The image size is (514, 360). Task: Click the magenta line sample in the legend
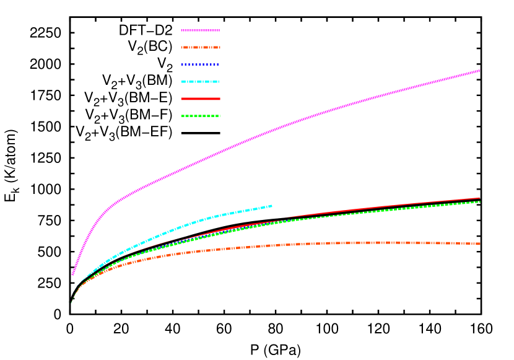(x=200, y=30)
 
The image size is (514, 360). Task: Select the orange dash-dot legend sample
(x=200, y=47)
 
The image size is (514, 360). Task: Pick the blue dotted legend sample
(x=200, y=64)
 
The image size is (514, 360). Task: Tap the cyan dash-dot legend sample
(x=200, y=81)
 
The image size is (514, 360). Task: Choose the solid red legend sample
(x=200, y=99)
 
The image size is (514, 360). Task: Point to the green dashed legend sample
(x=200, y=116)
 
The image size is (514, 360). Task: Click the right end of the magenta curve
(x=480, y=71)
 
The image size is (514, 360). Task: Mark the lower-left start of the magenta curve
(x=72, y=274)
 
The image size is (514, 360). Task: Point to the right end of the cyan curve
(x=272, y=205)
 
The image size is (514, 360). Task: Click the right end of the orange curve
(x=480, y=244)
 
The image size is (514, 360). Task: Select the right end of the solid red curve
(x=480, y=198)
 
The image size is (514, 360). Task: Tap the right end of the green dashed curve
(x=480, y=201)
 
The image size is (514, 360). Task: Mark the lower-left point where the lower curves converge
(x=70, y=302)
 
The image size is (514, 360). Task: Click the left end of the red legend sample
(x=181, y=99)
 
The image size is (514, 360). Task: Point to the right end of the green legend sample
(x=220, y=116)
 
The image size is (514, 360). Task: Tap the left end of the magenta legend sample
(x=181, y=30)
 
